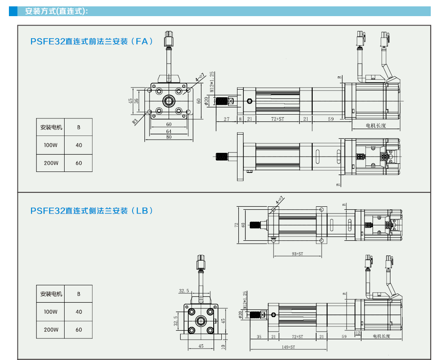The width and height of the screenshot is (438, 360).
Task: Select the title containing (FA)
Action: click(91, 42)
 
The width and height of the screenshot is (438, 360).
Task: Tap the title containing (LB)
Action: click(91, 211)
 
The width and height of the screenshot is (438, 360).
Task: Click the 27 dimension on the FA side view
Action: click(226, 119)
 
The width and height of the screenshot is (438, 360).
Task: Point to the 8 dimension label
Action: click(240, 119)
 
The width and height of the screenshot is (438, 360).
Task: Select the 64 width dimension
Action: click(169, 131)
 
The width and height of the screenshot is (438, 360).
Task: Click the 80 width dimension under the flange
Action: click(169, 137)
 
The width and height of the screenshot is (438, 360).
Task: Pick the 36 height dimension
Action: click(136, 101)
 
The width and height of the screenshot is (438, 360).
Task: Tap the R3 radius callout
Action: click(135, 121)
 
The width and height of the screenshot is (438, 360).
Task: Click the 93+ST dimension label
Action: click(297, 254)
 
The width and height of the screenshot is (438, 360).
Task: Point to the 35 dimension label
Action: click(259, 337)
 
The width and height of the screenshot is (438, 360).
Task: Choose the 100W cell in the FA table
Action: click(51, 145)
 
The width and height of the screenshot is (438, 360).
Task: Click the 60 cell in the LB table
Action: click(79, 330)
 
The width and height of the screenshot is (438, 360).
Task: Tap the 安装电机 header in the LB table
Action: click(51, 294)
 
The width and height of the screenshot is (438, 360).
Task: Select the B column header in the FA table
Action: click(79, 127)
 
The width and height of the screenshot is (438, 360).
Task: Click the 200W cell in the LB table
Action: click(51, 330)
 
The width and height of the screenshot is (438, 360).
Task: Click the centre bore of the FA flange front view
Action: click(169, 101)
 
